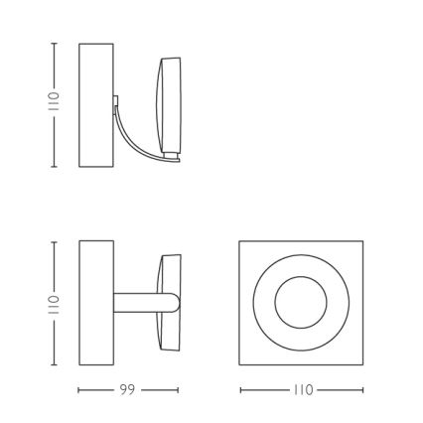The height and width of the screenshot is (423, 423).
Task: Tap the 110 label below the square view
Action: click(x=301, y=391)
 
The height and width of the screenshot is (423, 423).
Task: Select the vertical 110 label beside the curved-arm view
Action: click(x=54, y=104)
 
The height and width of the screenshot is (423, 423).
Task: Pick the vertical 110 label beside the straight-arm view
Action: click(x=54, y=302)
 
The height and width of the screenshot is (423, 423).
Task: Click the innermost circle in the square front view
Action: click(x=301, y=302)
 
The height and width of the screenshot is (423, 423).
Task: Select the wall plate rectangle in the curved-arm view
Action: click(x=96, y=104)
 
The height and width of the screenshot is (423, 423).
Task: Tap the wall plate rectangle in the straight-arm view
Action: click(x=96, y=302)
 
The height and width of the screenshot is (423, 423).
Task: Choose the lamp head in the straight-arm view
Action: click(x=171, y=302)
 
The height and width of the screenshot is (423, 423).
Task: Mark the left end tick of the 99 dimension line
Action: click(x=79, y=391)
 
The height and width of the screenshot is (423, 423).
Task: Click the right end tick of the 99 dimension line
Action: click(x=180, y=391)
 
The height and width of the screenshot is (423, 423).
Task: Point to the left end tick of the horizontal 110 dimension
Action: click(x=239, y=391)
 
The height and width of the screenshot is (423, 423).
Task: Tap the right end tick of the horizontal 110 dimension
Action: click(x=363, y=391)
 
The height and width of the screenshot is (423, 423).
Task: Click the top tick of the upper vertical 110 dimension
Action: click(x=54, y=43)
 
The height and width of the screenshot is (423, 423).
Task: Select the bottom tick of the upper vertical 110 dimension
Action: click(x=54, y=166)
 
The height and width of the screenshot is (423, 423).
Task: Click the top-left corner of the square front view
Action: click(x=240, y=241)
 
